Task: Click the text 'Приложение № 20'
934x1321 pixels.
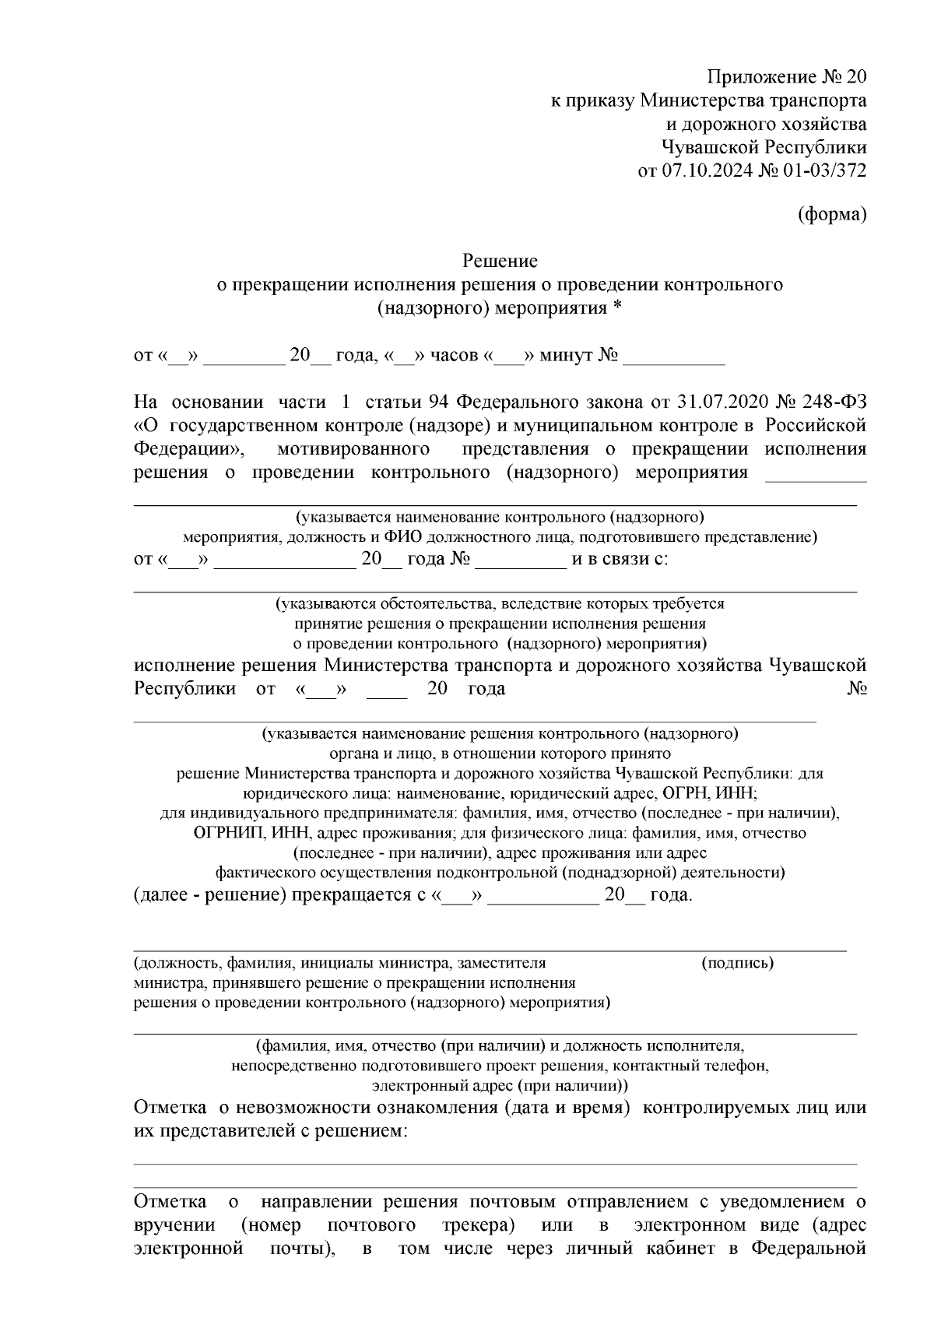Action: pyautogui.click(x=786, y=77)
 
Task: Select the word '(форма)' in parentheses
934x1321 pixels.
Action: pyautogui.click(x=832, y=216)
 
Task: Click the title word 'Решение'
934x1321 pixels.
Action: pyautogui.click(x=500, y=260)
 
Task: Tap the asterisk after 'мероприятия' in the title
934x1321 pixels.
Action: pyautogui.click(x=617, y=308)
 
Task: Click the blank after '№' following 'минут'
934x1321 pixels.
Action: pyautogui.click(x=674, y=357)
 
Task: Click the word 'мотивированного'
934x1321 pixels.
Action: pyautogui.click(x=353, y=449)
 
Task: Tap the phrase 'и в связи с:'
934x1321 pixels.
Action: pyautogui.click(x=620, y=560)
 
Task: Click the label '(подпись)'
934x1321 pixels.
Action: pyautogui.click(x=737, y=963)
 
